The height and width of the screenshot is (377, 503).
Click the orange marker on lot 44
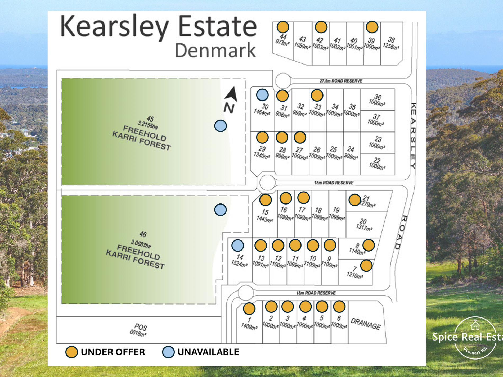(x=283, y=27)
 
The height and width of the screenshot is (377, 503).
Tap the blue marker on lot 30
(x=262, y=95)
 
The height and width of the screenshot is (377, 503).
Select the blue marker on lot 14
(x=238, y=246)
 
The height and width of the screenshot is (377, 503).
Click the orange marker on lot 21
(x=355, y=200)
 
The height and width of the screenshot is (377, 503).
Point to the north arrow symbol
(x=232, y=94)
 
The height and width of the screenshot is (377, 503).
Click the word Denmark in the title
(x=215, y=50)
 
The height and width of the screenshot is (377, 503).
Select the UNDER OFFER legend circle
(x=71, y=352)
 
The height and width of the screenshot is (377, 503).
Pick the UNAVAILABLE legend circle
(x=168, y=352)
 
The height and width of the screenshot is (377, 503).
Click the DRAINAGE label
(x=366, y=324)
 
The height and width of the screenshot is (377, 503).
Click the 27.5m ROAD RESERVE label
(x=341, y=81)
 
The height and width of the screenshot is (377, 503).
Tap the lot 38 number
(x=391, y=40)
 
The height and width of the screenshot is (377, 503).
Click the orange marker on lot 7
(x=366, y=266)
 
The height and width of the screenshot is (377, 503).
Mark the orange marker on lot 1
(x=249, y=308)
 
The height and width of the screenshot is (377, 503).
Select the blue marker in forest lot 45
(x=221, y=126)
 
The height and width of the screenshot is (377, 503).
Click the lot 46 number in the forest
(x=143, y=234)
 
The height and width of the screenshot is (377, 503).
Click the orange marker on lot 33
(x=317, y=95)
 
